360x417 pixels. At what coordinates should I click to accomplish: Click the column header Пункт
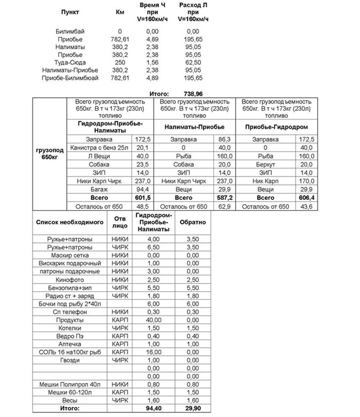tap(70, 12)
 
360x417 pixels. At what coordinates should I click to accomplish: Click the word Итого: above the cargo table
tap(159, 93)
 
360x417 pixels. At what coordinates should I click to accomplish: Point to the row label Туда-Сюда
tap(70, 63)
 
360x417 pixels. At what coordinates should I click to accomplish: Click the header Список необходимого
tap(70, 222)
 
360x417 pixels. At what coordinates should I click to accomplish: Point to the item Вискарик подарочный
tap(70, 263)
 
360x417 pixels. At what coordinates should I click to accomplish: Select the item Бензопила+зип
tap(70, 288)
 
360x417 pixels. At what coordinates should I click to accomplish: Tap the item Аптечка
tap(70, 344)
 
